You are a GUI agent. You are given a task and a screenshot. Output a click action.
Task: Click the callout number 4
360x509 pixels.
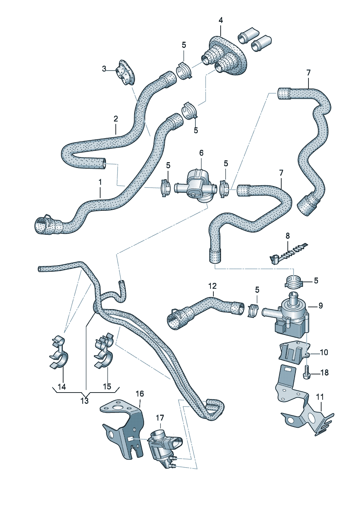point(221,20)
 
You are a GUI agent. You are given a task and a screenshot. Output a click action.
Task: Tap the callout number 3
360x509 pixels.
point(104,69)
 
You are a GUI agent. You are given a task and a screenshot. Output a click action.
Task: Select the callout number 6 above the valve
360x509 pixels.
point(201,153)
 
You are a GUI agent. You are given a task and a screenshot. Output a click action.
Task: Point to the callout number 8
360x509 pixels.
point(288,236)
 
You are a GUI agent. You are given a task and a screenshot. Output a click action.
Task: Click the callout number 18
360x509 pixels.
point(324,373)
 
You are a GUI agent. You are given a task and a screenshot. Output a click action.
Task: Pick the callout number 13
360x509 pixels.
point(84,401)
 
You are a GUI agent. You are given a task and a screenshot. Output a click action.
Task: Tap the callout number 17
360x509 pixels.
point(160,418)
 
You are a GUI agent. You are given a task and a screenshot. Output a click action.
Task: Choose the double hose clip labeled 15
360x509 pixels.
point(104,351)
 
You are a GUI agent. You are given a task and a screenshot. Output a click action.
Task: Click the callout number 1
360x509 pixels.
point(100,181)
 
